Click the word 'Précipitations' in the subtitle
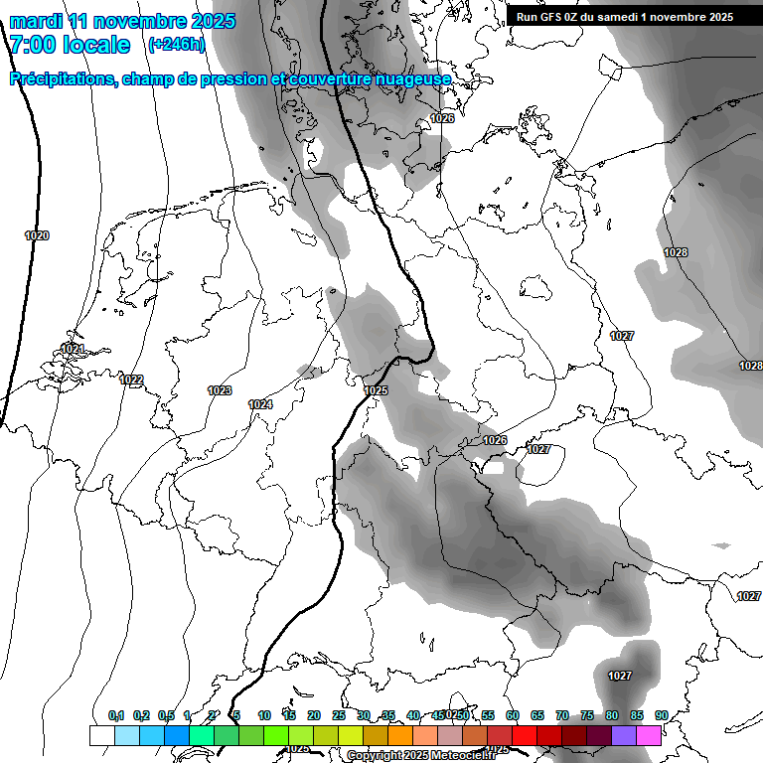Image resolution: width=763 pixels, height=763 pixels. [62, 79]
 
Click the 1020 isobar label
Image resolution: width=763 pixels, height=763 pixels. [37, 236]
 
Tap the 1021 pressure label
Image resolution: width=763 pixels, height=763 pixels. [73, 349]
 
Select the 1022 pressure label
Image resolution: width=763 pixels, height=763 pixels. [131, 381]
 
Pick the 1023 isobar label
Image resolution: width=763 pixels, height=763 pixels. [220, 391]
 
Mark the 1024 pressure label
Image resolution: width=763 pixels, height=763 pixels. [260, 404]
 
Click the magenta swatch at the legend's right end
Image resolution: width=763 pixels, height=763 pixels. [650, 735]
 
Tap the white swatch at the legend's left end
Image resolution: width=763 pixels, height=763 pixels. [101, 735]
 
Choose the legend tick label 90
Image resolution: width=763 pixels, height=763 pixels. [662, 715]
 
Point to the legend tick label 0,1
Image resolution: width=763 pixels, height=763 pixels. [116, 715]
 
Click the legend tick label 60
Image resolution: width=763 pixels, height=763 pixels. [513, 715]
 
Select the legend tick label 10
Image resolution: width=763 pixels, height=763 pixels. [264, 715]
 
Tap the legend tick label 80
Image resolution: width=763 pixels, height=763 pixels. [612, 715]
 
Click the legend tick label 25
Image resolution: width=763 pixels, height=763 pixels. [339, 715]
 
